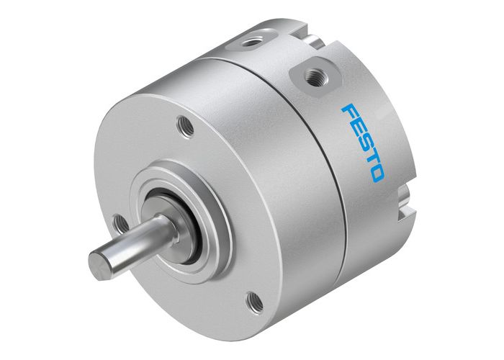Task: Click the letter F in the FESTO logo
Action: point(348,114)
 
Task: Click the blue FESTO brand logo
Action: point(363,143)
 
